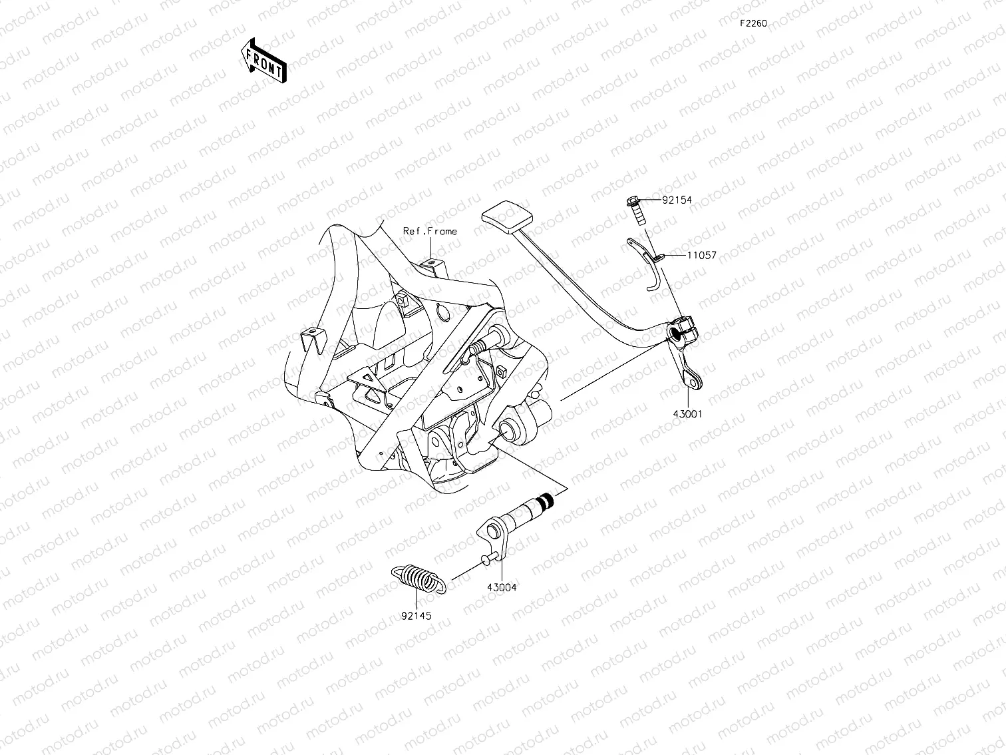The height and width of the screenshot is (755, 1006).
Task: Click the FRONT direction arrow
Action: pyautogui.click(x=263, y=60)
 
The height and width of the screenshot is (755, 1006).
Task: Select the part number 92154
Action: pyautogui.click(x=677, y=200)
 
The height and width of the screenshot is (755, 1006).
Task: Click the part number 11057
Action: pyautogui.click(x=701, y=255)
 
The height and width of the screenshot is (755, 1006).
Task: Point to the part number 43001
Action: pyautogui.click(x=687, y=413)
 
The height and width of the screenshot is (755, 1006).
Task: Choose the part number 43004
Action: pyautogui.click(x=502, y=587)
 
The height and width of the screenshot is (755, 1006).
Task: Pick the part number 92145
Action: pyautogui.click(x=416, y=616)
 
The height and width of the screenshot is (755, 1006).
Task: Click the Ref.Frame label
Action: pyautogui.click(x=430, y=231)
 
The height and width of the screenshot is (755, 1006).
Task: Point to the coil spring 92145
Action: pyautogui.click(x=418, y=577)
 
